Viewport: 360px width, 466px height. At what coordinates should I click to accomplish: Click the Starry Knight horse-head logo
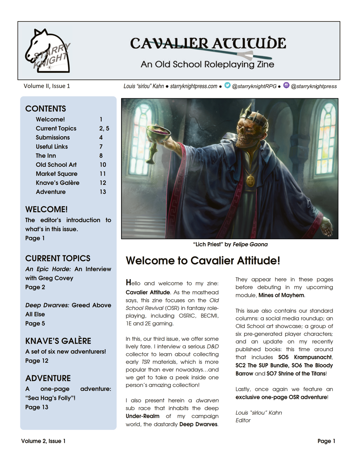[47, 51]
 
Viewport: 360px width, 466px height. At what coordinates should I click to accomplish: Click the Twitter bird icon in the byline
[227, 85]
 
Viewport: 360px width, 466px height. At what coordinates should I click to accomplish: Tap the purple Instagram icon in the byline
[286, 85]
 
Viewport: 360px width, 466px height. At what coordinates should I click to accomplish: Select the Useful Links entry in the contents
[52, 146]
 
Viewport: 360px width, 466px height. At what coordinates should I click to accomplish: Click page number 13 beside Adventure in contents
[103, 192]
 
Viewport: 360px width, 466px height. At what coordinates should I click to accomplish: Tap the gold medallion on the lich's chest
[250, 180]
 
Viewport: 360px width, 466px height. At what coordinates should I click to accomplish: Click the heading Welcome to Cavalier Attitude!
[203, 261]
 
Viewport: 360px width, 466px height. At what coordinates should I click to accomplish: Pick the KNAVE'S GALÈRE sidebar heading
[58, 341]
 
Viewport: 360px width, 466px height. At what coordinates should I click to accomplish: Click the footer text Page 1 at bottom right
[326, 441]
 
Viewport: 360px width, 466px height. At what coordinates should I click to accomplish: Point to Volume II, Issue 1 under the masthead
[47, 86]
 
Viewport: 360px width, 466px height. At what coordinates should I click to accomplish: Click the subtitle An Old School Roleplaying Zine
[207, 64]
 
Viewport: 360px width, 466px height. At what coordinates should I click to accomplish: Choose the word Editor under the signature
[243, 420]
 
